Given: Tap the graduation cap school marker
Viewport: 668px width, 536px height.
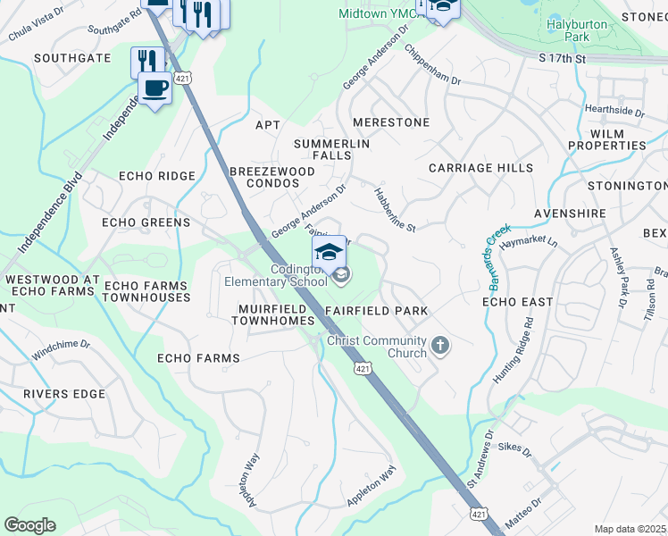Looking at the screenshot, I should coord(329,251).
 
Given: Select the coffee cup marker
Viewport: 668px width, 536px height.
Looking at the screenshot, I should coord(154,89).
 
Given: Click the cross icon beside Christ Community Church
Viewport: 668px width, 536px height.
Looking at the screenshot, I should coord(438,345).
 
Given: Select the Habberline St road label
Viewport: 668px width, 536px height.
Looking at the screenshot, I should coord(395,210).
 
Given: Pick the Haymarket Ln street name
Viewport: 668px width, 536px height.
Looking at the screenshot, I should coord(528,242).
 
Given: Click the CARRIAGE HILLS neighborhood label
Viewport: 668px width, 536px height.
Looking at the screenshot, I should coord(480,168).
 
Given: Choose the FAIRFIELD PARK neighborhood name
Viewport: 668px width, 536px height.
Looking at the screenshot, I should coord(376,311).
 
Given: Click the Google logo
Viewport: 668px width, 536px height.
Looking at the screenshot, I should coord(29,525).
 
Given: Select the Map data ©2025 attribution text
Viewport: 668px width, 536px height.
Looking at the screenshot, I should coord(630,529).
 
